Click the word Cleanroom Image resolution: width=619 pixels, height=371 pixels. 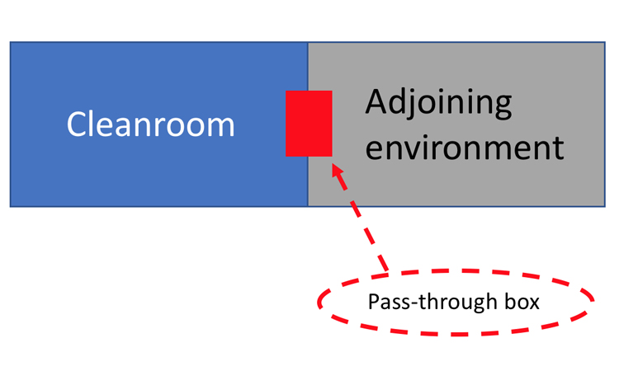150,124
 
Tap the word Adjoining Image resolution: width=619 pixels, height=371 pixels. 438,102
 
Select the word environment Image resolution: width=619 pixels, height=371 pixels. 465,148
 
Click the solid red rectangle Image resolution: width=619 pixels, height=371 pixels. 309,124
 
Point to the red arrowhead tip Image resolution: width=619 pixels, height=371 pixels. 333,164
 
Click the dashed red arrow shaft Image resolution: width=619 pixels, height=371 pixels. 360,218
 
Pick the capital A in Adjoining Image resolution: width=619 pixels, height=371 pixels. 376,101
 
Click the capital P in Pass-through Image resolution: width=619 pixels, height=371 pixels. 373,302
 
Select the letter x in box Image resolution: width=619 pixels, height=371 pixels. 533,304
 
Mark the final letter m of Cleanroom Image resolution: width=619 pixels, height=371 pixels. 221,128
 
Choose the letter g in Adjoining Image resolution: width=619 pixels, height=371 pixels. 503,106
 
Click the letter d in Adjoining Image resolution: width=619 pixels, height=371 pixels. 399,101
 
